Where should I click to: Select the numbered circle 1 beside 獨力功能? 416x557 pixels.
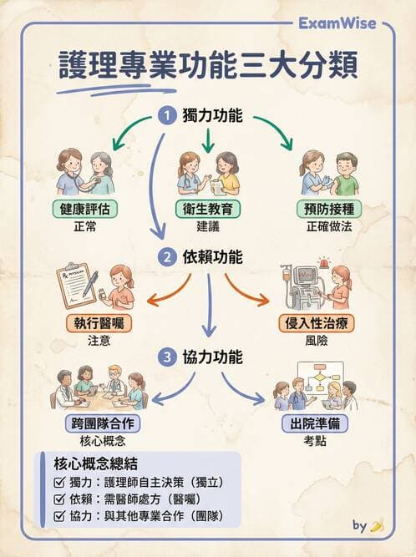(x=169, y=117)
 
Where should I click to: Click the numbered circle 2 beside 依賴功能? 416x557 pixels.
(x=169, y=256)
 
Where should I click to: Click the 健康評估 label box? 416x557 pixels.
(x=84, y=209)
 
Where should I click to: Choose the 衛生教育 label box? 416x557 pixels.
(x=208, y=209)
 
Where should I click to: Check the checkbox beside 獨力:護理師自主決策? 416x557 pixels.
(x=58, y=483)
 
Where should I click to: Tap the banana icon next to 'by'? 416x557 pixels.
(x=378, y=525)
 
